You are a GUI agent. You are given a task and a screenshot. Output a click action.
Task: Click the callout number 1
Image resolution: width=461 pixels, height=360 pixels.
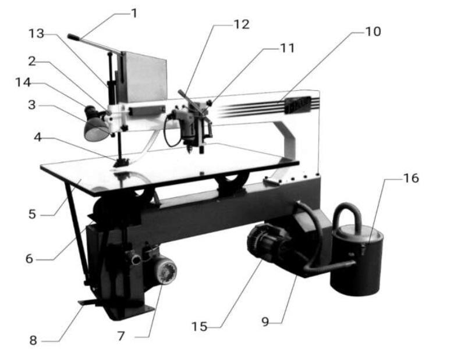(x=135, y=12)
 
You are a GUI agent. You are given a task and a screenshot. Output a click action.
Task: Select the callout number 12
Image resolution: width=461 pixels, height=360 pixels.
(x=242, y=24)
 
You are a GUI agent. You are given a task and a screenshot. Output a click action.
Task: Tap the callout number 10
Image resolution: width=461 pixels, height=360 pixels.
(x=373, y=31)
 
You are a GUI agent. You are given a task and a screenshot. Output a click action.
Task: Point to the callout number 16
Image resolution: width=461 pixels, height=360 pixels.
(x=411, y=178)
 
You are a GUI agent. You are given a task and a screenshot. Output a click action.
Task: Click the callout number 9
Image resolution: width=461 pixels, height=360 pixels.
(x=265, y=321)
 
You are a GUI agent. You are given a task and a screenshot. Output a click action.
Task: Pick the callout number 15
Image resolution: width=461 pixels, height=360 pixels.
(x=200, y=327)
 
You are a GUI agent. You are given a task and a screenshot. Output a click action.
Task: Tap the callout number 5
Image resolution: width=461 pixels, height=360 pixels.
(x=33, y=213)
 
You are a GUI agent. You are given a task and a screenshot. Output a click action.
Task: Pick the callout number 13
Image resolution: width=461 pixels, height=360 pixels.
(x=37, y=35)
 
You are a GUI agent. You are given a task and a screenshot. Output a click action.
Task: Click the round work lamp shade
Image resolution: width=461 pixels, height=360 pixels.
(x=97, y=127)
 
